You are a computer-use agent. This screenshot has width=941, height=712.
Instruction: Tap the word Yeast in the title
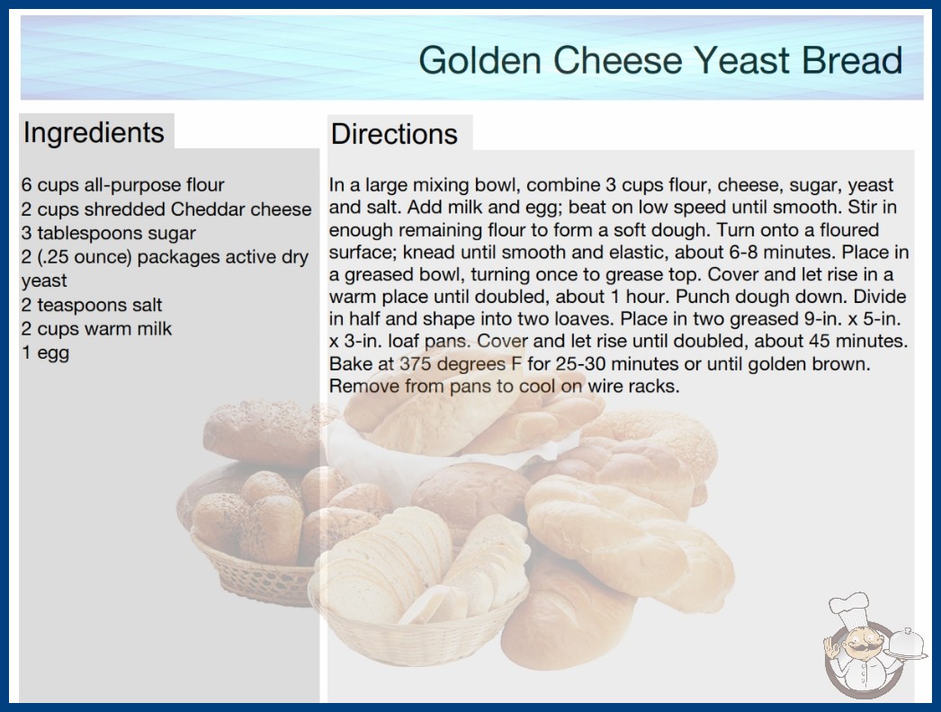pyautogui.click(x=741, y=60)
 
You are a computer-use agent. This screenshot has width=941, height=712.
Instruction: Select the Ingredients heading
pyautogui.click(x=94, y=132)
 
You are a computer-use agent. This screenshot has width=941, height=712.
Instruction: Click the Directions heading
pyautogui.click(x=394, y=134)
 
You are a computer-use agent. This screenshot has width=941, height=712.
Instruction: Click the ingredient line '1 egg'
pyautogui.click(x=46, y=352)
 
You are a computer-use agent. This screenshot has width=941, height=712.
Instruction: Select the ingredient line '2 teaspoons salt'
pyautogui.click(x=92, y=305)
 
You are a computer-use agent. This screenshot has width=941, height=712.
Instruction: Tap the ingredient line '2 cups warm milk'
pyautogui.click(x=96, y=329)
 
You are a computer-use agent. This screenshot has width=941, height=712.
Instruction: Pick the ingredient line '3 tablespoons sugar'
pyautogui.click(x=109, y=234)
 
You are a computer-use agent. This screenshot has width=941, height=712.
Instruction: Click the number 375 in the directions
pyautogui.click(x=416, y=363)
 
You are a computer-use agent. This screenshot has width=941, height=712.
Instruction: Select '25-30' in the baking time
pyautogui.click(x=579, y=363)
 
